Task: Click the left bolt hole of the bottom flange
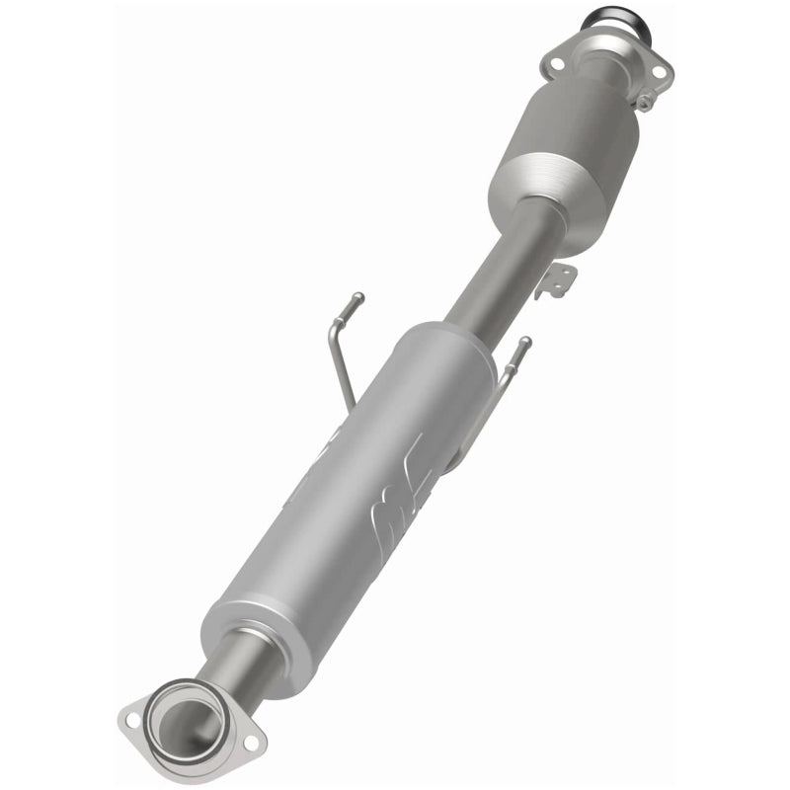[x=132, y=720]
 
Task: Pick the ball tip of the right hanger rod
[x=526, y=342]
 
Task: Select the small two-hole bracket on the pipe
[x=555, y=280]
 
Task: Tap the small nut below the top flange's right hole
[x=645, y=100]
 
